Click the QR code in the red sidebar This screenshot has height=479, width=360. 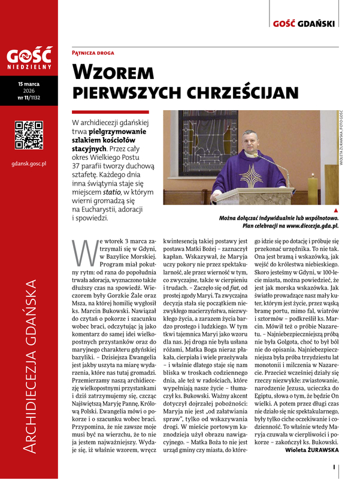[28, 135]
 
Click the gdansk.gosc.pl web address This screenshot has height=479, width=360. [28, 163]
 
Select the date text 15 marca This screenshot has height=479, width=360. [28, 93]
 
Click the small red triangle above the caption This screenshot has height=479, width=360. [335, 211]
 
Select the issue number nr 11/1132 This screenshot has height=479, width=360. [28, 107]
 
